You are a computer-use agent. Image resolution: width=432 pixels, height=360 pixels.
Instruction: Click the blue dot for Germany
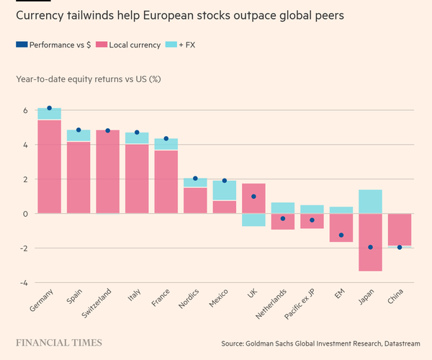[x=49, y=108]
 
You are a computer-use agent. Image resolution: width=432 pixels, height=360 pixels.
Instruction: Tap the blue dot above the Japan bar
[x=370, y=247]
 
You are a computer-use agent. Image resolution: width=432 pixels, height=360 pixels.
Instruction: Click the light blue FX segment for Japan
[x=370, y=202]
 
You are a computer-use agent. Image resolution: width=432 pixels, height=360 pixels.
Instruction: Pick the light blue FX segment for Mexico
[x=224, y=190]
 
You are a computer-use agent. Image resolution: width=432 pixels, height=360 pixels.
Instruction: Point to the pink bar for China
[x=400, y=229]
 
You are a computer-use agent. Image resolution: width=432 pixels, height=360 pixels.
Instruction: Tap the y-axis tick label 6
[x=24, y=111]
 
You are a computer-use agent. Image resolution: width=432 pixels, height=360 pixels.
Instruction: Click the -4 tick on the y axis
[x=22, y=282]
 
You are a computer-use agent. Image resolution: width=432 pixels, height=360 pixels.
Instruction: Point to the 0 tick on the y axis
[x=24, y=214]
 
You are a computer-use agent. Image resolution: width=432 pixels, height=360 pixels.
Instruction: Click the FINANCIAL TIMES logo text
[x=59, y=343]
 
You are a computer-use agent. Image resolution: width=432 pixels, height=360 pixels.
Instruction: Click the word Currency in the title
[x=40, y=15]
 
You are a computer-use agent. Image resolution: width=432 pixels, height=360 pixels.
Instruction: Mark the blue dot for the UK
[x=253, y=196]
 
